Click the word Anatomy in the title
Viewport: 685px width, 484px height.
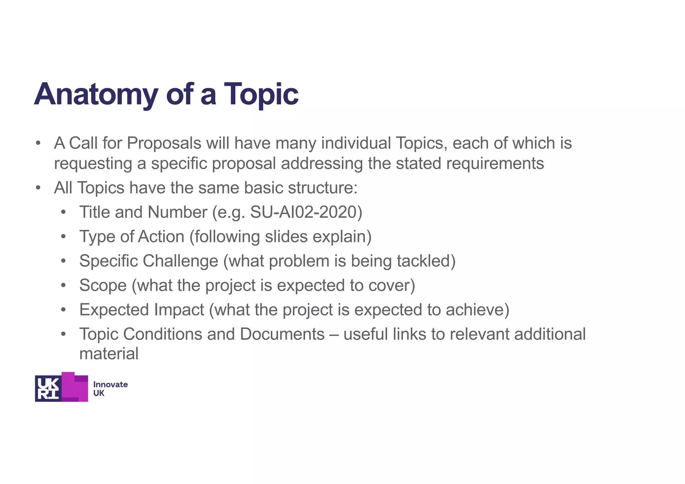96,95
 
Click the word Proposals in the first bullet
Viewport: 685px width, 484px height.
164,143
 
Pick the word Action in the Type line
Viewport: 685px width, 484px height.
161,237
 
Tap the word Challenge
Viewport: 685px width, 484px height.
181,261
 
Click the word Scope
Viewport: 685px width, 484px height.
103,285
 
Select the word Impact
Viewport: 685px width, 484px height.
179,310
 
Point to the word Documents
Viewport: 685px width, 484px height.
282,334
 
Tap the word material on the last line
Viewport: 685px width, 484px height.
109,354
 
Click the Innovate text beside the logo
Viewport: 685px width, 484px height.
110,384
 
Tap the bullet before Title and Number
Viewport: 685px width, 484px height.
64,213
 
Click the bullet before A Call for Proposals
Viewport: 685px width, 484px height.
38,143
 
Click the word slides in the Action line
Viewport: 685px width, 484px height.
286,237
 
